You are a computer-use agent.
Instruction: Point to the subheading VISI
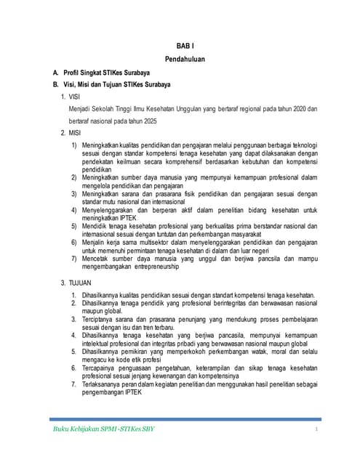click(x=76, y=96)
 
